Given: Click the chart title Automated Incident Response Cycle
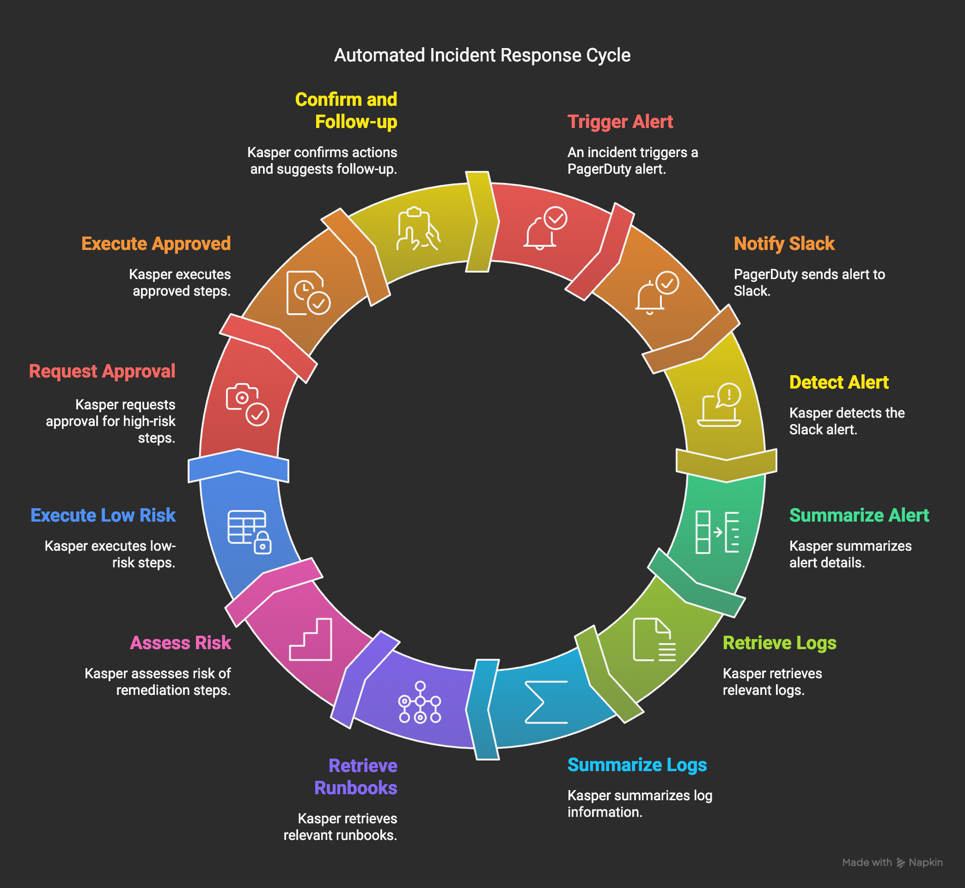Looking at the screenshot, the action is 482,55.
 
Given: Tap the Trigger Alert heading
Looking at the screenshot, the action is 620,122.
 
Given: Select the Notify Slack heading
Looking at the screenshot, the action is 784,243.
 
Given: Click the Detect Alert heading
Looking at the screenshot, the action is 839,383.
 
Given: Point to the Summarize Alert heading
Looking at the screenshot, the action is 859,515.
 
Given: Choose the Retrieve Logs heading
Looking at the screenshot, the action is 779,643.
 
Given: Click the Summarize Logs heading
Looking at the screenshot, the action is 637,765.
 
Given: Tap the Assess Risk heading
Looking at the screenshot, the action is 180,643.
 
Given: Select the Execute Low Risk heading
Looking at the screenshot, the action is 103,515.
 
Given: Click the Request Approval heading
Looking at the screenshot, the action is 102,371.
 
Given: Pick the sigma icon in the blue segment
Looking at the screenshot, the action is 546,702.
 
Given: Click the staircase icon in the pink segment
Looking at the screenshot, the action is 311,639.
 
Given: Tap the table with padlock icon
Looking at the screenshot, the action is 249,531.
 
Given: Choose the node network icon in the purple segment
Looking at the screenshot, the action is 420,702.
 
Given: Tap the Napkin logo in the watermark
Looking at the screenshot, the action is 901,863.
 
